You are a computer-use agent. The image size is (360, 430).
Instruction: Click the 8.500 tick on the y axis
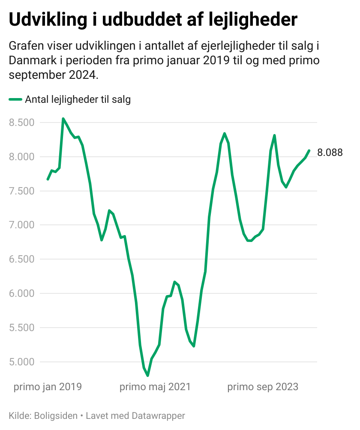pyautogui.click(x=22, y=122)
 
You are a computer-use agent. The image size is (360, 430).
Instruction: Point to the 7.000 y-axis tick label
pyautogui.click(x=22, y=225)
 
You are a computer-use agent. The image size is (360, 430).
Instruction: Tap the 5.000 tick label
pyautogui.click(x=22, y=362)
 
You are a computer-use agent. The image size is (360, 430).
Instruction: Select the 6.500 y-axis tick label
pyautogui.click(x=22, y=259)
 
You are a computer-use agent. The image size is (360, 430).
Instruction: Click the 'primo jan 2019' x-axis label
pyautogui.click(x=48, y=387)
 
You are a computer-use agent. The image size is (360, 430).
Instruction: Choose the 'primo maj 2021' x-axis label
pyautogui.click(x=155, y=387)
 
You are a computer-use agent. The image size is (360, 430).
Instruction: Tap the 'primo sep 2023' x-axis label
pyautogui.click(x=263, y=387)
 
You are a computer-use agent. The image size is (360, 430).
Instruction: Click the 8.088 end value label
pyautogui.click(x=330, y=152)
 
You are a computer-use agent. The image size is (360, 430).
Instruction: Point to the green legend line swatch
pyautogui.click(x=15, y=100)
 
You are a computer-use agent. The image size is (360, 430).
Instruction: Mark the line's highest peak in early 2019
pyautogui.click(x=63, y=119)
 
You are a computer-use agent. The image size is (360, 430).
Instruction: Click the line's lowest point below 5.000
pyautogui.click(x=147, y=376)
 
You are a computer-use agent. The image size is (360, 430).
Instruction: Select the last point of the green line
pyautogui.click(x=309, y=150)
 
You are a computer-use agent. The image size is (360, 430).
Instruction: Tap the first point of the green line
pyautogui.click(x=48, y=179)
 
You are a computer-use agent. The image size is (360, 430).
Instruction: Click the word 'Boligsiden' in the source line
pyautogui.click(x=55, y=415)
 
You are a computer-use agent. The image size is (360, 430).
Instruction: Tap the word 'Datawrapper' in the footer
pyautogui.click(x=159, y=415)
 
